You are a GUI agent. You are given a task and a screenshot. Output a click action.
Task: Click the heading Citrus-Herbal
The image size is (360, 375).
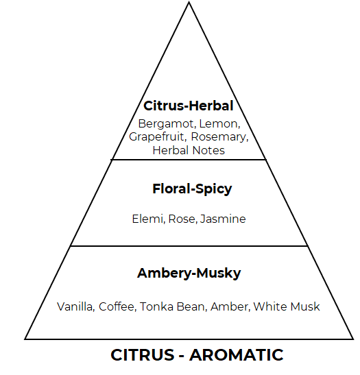click(x=189, y=106)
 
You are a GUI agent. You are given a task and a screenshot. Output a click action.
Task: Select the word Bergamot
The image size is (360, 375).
click(x=166, y=124)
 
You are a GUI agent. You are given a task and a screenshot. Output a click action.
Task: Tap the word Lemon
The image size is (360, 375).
click(x=219, y=124)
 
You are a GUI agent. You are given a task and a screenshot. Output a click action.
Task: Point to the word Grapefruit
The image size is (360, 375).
click(x=158, y=137)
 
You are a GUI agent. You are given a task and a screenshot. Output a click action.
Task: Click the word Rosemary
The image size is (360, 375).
click(x=220, y=137)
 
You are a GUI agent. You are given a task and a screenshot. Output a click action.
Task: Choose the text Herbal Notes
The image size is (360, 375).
click(x=189, y=150)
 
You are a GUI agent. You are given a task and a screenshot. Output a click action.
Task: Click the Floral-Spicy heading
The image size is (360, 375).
click(x=192, y=189)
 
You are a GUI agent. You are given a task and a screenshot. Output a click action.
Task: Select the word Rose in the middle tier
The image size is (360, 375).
click(x=183, y=219)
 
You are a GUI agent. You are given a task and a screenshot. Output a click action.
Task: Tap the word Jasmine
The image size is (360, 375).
click(x=223, y=219)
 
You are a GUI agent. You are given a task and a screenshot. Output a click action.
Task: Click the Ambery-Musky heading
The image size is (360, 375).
click(x=189, y=273)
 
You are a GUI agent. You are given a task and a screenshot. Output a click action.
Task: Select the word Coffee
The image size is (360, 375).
click(x=117, y=306)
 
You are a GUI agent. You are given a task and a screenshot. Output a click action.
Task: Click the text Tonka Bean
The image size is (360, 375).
click(x=173, y=306)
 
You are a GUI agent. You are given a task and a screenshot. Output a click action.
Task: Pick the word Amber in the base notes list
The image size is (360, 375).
click(x=230, y=306)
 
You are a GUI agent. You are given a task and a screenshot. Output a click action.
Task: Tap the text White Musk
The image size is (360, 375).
click(x=287, y=306)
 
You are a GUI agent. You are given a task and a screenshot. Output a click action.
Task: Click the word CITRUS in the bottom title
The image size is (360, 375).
click(x=143, y=355)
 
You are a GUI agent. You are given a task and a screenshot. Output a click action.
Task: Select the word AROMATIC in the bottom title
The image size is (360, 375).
click(x=237, y=355)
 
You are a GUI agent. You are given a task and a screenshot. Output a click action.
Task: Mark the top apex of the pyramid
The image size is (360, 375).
click(x=189, y=2)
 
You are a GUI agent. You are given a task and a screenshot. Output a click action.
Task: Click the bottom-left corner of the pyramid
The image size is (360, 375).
click(x=25, y=339)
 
